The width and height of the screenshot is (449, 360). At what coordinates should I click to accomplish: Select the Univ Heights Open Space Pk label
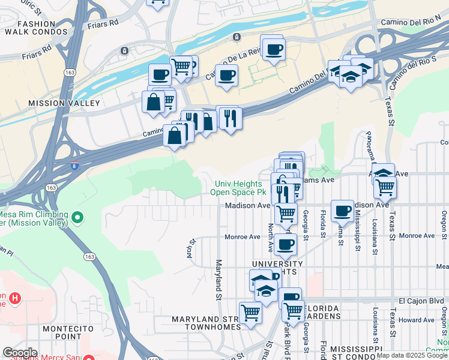(x=237, y=188)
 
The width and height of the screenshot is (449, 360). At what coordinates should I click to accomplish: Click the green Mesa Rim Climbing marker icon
(x=77, y=216)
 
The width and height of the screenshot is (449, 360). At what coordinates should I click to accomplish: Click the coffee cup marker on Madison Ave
(x=342, y=210)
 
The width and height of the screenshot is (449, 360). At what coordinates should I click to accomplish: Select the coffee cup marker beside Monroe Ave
(x=286, y=244)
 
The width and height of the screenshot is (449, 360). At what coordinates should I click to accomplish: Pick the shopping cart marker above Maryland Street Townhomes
(x=250, y=312)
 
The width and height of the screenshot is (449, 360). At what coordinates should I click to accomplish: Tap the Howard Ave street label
(x=416, y=320)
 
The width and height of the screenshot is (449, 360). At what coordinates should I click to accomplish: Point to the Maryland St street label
(x=218, y=280)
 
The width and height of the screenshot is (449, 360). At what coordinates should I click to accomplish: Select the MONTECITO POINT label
(x=68, y=333)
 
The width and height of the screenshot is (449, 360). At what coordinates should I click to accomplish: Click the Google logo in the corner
(x=20, y=353)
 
